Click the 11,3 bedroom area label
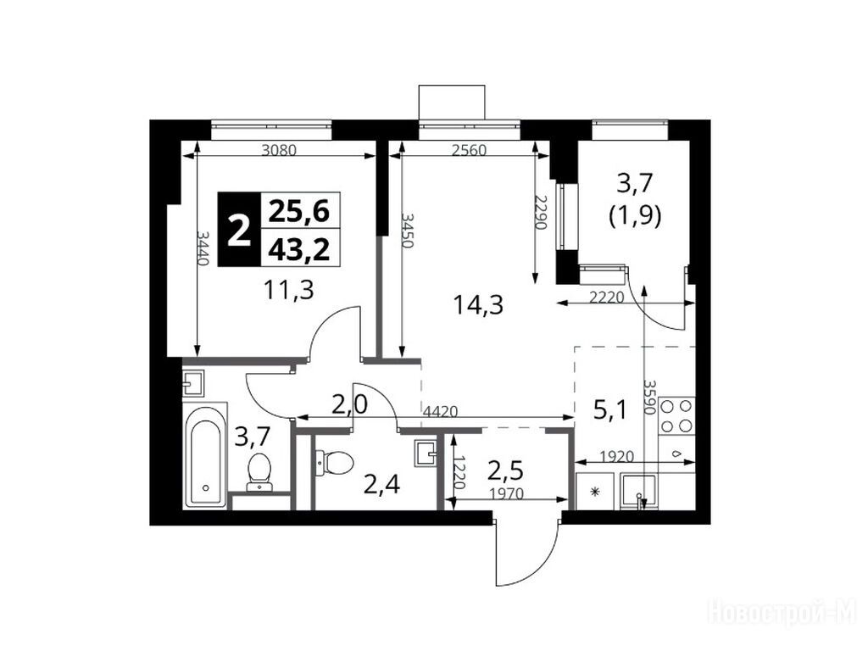(x=289, y=290)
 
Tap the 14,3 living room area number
(x=478, y=304)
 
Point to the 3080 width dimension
(x=280, y=149)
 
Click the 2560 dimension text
(x=468, y=150)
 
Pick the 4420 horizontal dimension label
(x=440, y=411)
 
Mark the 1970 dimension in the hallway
(x=506, y=493)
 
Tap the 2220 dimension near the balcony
(x=606, y=298)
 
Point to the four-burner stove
(x=676, y=415)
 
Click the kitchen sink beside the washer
(x=639, y=491)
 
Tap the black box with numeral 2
(x=238, y=230)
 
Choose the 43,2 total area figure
(x=299, y=250)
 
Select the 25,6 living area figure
(x=299, y=211)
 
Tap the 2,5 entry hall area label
(x=505, y=471)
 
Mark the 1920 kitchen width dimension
(x=617, y=457)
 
